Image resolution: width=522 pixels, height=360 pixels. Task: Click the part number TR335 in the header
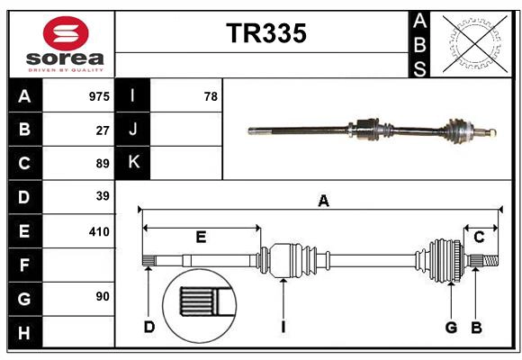(265, 33)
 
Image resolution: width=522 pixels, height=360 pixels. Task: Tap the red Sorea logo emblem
(66, 34)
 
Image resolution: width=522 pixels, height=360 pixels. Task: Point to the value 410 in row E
(99, 231)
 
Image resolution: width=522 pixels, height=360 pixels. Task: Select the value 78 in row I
(211, 95)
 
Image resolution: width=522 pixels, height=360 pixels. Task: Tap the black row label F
(24, 265)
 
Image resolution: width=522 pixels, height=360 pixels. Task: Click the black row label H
(24, 332)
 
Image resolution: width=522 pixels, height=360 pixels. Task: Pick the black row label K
(133, 163)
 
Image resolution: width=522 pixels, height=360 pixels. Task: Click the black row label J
(133, 130)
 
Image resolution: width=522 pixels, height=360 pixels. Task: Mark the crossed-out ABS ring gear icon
(472, 43)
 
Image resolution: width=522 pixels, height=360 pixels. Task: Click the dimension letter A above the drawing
(323, 202)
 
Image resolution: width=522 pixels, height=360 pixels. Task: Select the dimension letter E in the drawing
(201, 238)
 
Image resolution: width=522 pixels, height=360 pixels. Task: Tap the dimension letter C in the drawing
(479, 237)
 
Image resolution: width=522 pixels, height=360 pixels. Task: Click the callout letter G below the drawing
(451, 327)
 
